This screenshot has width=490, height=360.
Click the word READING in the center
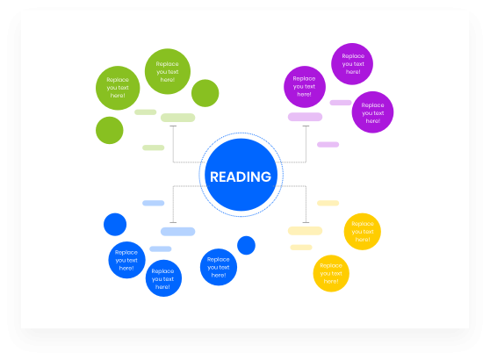(x=241, y=176)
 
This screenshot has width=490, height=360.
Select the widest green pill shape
(x=177, y=118)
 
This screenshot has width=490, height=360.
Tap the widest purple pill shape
(x=305, y=117)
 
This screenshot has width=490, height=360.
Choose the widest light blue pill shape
(x=177, y=232)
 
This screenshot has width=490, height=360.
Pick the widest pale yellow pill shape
(x=305, y=231)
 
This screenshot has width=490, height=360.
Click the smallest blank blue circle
(x=246, y=245)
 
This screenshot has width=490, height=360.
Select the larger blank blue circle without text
(x=115, y=225)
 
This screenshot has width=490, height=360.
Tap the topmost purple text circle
(x=352, y=64)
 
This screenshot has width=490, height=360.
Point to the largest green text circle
(x=168, y=71)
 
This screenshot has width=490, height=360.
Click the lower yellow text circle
(x=331, y=273)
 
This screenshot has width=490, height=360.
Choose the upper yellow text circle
(x=363, y=232)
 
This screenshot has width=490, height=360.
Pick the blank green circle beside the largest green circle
(x=205, y=93)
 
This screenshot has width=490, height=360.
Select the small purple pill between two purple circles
(x=341, y=103)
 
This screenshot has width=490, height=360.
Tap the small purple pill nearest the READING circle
(x=328, y=144)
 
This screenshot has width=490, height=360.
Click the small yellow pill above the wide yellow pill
(x=328, y=203)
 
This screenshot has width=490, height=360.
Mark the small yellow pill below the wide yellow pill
(x=301, y=248)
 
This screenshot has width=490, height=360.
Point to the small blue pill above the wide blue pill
(x=154, y=203)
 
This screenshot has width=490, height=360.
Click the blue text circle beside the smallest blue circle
(x=219, y=267)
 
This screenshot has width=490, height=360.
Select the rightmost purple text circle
(x=373, y=112)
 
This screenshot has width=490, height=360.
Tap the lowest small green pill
(x=154, y=148)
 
